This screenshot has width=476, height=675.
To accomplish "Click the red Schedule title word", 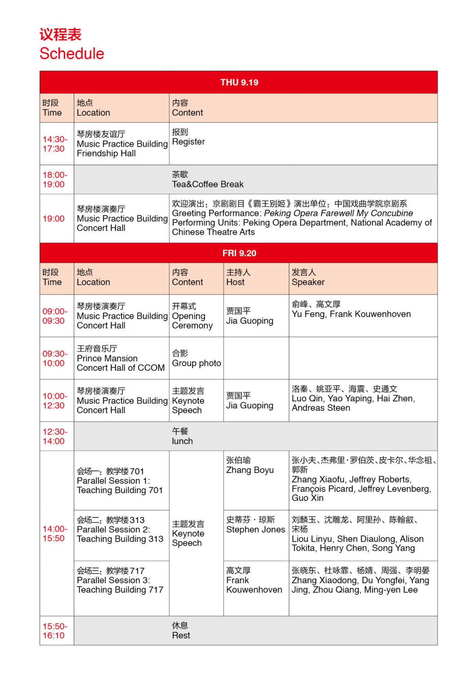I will click(72, 54).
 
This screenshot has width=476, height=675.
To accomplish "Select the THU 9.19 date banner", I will click(239, 82).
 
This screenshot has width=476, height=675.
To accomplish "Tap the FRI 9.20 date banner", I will click(239, 253).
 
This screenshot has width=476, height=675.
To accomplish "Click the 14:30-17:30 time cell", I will click(55, 144).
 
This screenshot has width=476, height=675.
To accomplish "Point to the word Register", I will click(188, 142).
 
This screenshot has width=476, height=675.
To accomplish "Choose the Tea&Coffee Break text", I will click(207, 184).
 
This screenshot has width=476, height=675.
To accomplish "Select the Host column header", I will click(235, 282).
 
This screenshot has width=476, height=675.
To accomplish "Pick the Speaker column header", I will click(308, 282).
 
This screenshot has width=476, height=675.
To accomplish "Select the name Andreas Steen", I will click(321, 408).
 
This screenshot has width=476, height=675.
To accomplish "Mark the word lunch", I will click(182, 441).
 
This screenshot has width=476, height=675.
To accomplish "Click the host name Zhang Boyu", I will click(250, 470).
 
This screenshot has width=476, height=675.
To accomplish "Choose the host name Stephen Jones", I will click(256, 530).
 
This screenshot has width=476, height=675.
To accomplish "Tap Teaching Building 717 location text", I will click(120, 590).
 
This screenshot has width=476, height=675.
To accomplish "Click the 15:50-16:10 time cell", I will click(55, 631).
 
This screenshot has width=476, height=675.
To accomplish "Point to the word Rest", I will click(181, 635).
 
